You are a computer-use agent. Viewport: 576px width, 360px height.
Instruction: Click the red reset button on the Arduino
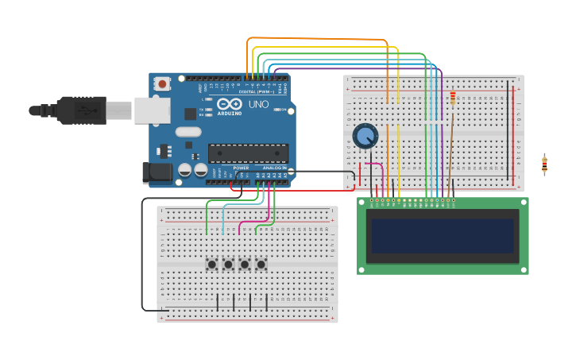pyautogui.click(x=162, y=83)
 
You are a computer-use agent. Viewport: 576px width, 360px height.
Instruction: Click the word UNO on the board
pyautogui.click(x=258, y=104)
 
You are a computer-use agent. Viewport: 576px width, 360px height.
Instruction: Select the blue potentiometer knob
pyautogui.click(x=365, y=136)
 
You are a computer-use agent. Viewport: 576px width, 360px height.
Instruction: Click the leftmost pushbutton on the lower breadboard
pyautogui.click(x=212, y=264)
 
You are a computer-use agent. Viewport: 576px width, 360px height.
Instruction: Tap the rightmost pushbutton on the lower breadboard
pyautogui.click(x=261, y=264)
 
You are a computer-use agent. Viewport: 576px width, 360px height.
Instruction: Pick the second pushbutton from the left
pyautogui.click(x=228, y=264)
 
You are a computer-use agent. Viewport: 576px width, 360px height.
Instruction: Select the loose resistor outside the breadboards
pyautogui.click(x=544, y=165)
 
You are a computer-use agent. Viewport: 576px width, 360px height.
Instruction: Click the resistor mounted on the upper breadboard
pyautogui.click(x=453, y=99)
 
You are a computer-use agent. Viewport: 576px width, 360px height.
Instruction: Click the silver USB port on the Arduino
pyautogui.click(x=151, y=110)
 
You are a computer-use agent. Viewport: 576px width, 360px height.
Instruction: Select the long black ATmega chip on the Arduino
pyautogui.click(x=248, y=153)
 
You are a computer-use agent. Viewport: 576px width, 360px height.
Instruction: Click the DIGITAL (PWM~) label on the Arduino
pyautogui.click(x=253, y=92)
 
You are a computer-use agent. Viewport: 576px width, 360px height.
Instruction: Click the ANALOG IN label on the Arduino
pyautogui.click(x=274, y=168)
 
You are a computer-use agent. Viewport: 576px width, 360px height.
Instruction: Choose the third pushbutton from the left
pyautogui.click(x=245, y=264)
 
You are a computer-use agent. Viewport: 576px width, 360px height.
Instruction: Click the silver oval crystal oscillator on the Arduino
pyautogui.click(x=188, y=132)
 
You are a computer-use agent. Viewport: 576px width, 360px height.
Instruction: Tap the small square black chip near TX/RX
pyautogui.click(x=191, y=114)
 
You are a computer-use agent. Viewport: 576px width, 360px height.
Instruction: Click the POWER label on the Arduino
pyautogui.click(x=241, y=168)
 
